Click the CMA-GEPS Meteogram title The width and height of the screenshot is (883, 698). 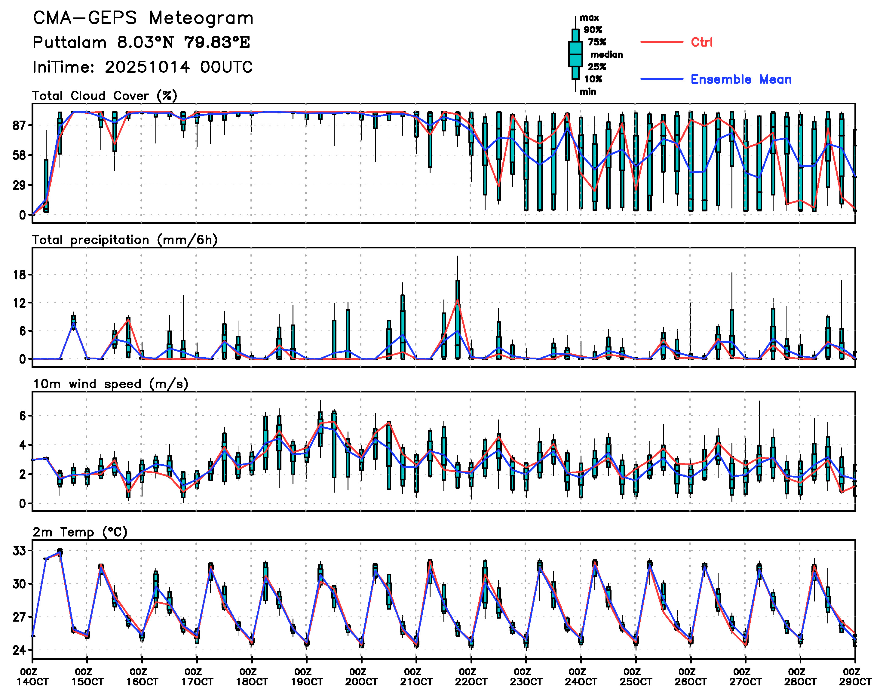(143, 18)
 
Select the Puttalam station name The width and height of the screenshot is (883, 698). (69, 42)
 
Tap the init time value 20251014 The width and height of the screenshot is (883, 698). (147, 67)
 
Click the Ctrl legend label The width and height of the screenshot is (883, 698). (702, 42)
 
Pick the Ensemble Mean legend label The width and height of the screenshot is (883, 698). (741, 79)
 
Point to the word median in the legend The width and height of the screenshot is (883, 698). (606, 54)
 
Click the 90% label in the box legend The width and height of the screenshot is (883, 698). (593, 30)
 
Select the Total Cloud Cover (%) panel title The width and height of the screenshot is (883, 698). (105, 96)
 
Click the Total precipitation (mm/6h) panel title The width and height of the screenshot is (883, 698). (125, 240)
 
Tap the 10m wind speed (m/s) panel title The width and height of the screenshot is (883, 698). (110, 384)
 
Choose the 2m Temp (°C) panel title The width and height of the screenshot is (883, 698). (80, 532)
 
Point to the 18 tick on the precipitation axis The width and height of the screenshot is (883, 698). (19, 275)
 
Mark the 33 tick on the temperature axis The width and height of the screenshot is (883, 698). (19, 551)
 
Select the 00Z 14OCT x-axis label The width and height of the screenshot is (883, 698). (32, 677)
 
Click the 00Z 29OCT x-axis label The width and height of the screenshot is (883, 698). (855, 677)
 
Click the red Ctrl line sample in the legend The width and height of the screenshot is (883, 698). (661, 42)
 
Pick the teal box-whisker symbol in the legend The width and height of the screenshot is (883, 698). (575, 54)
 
